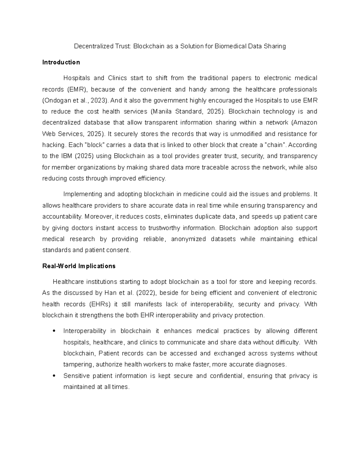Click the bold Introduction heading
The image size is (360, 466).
point(61,62)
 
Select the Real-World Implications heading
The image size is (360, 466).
point(79,266)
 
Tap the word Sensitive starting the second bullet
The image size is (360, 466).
point(76,376)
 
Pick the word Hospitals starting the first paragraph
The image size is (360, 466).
point(76,78)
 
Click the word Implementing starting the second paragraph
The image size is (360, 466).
point(82,194)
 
